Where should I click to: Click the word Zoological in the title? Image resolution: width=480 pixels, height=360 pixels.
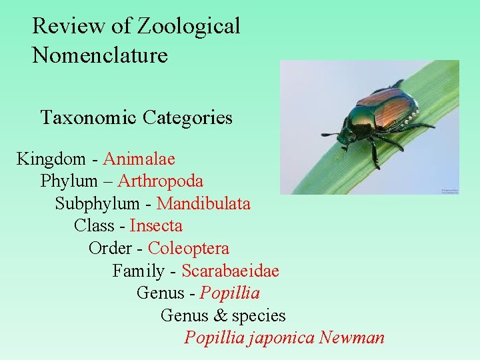point(189,27)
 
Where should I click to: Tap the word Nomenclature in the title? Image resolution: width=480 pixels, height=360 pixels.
point(100,55)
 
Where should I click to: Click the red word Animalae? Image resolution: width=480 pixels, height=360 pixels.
point(139,159)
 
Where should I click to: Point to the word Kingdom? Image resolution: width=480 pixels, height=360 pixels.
point(51,159)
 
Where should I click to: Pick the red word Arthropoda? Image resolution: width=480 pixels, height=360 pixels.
point(161,181)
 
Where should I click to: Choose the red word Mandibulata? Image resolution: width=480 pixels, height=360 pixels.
point(203,204)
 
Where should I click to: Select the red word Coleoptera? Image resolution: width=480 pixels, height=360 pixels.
point(189,249)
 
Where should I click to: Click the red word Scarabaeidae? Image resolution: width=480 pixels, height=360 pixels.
point(230,271)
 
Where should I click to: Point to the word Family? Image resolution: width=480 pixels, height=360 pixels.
point(138,271)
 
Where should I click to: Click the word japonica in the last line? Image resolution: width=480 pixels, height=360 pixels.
point(281,338)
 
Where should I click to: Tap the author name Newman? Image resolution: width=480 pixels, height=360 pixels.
point(351,338)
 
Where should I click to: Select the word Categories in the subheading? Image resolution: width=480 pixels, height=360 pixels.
point(190,118)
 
